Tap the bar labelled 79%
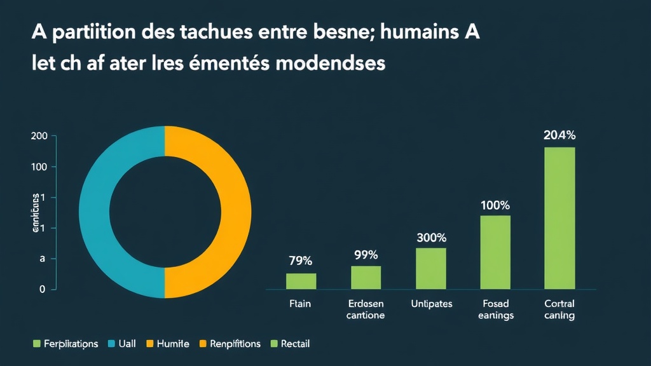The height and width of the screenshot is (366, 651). (301, 281)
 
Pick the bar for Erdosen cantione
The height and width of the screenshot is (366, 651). (366, 277)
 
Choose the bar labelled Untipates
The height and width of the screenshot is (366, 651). (430, 268)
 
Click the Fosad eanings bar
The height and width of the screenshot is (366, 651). (495, 252)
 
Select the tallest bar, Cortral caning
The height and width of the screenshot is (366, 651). (559, 218)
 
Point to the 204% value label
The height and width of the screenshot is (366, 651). (559, 135)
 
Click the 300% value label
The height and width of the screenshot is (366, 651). (431, 238)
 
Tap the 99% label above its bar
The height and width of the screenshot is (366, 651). (366, 255)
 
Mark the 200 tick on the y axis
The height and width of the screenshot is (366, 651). (39, 136)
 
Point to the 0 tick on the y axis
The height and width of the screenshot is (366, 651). (42, 289)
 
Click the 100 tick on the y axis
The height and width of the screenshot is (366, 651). (39, 166)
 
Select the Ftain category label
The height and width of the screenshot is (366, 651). (300, 304)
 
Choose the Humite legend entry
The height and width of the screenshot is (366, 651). (173, 344)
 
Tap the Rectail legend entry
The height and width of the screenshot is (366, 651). (295, 344)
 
